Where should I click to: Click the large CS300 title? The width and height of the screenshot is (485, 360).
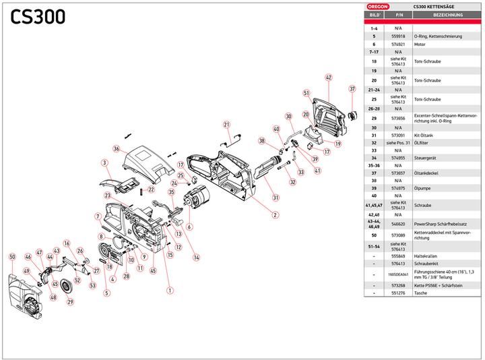pyautogui.click(x=38, y=16)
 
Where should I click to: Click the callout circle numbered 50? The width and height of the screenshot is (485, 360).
pyautogui.click(x=12, y=257)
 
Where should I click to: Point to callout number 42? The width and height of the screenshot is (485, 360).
pyautogui.click(x=329, y=78)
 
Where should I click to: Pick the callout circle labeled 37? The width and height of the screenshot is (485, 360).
pyautogui.click(x=352, y=89)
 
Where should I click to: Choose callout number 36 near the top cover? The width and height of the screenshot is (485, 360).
pyautogui.click(x=116, y=149)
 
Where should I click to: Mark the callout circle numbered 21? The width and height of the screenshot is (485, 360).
pyautogui.click(x=227, y=124)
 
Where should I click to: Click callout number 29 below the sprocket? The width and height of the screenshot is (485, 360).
pyautogui.click(x=69, y=301)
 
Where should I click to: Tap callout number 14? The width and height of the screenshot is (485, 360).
pyautogui.click(x=196, y=257)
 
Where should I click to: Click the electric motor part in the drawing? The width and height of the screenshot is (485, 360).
pyautogui.click(x=197, y=200)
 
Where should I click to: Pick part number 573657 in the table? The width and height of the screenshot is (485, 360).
pyautogui.click(x=399, y=173)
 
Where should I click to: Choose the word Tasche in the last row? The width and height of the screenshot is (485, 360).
pyautogui.click(x=421, y=294)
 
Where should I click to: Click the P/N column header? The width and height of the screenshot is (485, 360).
pyautogui.click(x=399, y=13)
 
